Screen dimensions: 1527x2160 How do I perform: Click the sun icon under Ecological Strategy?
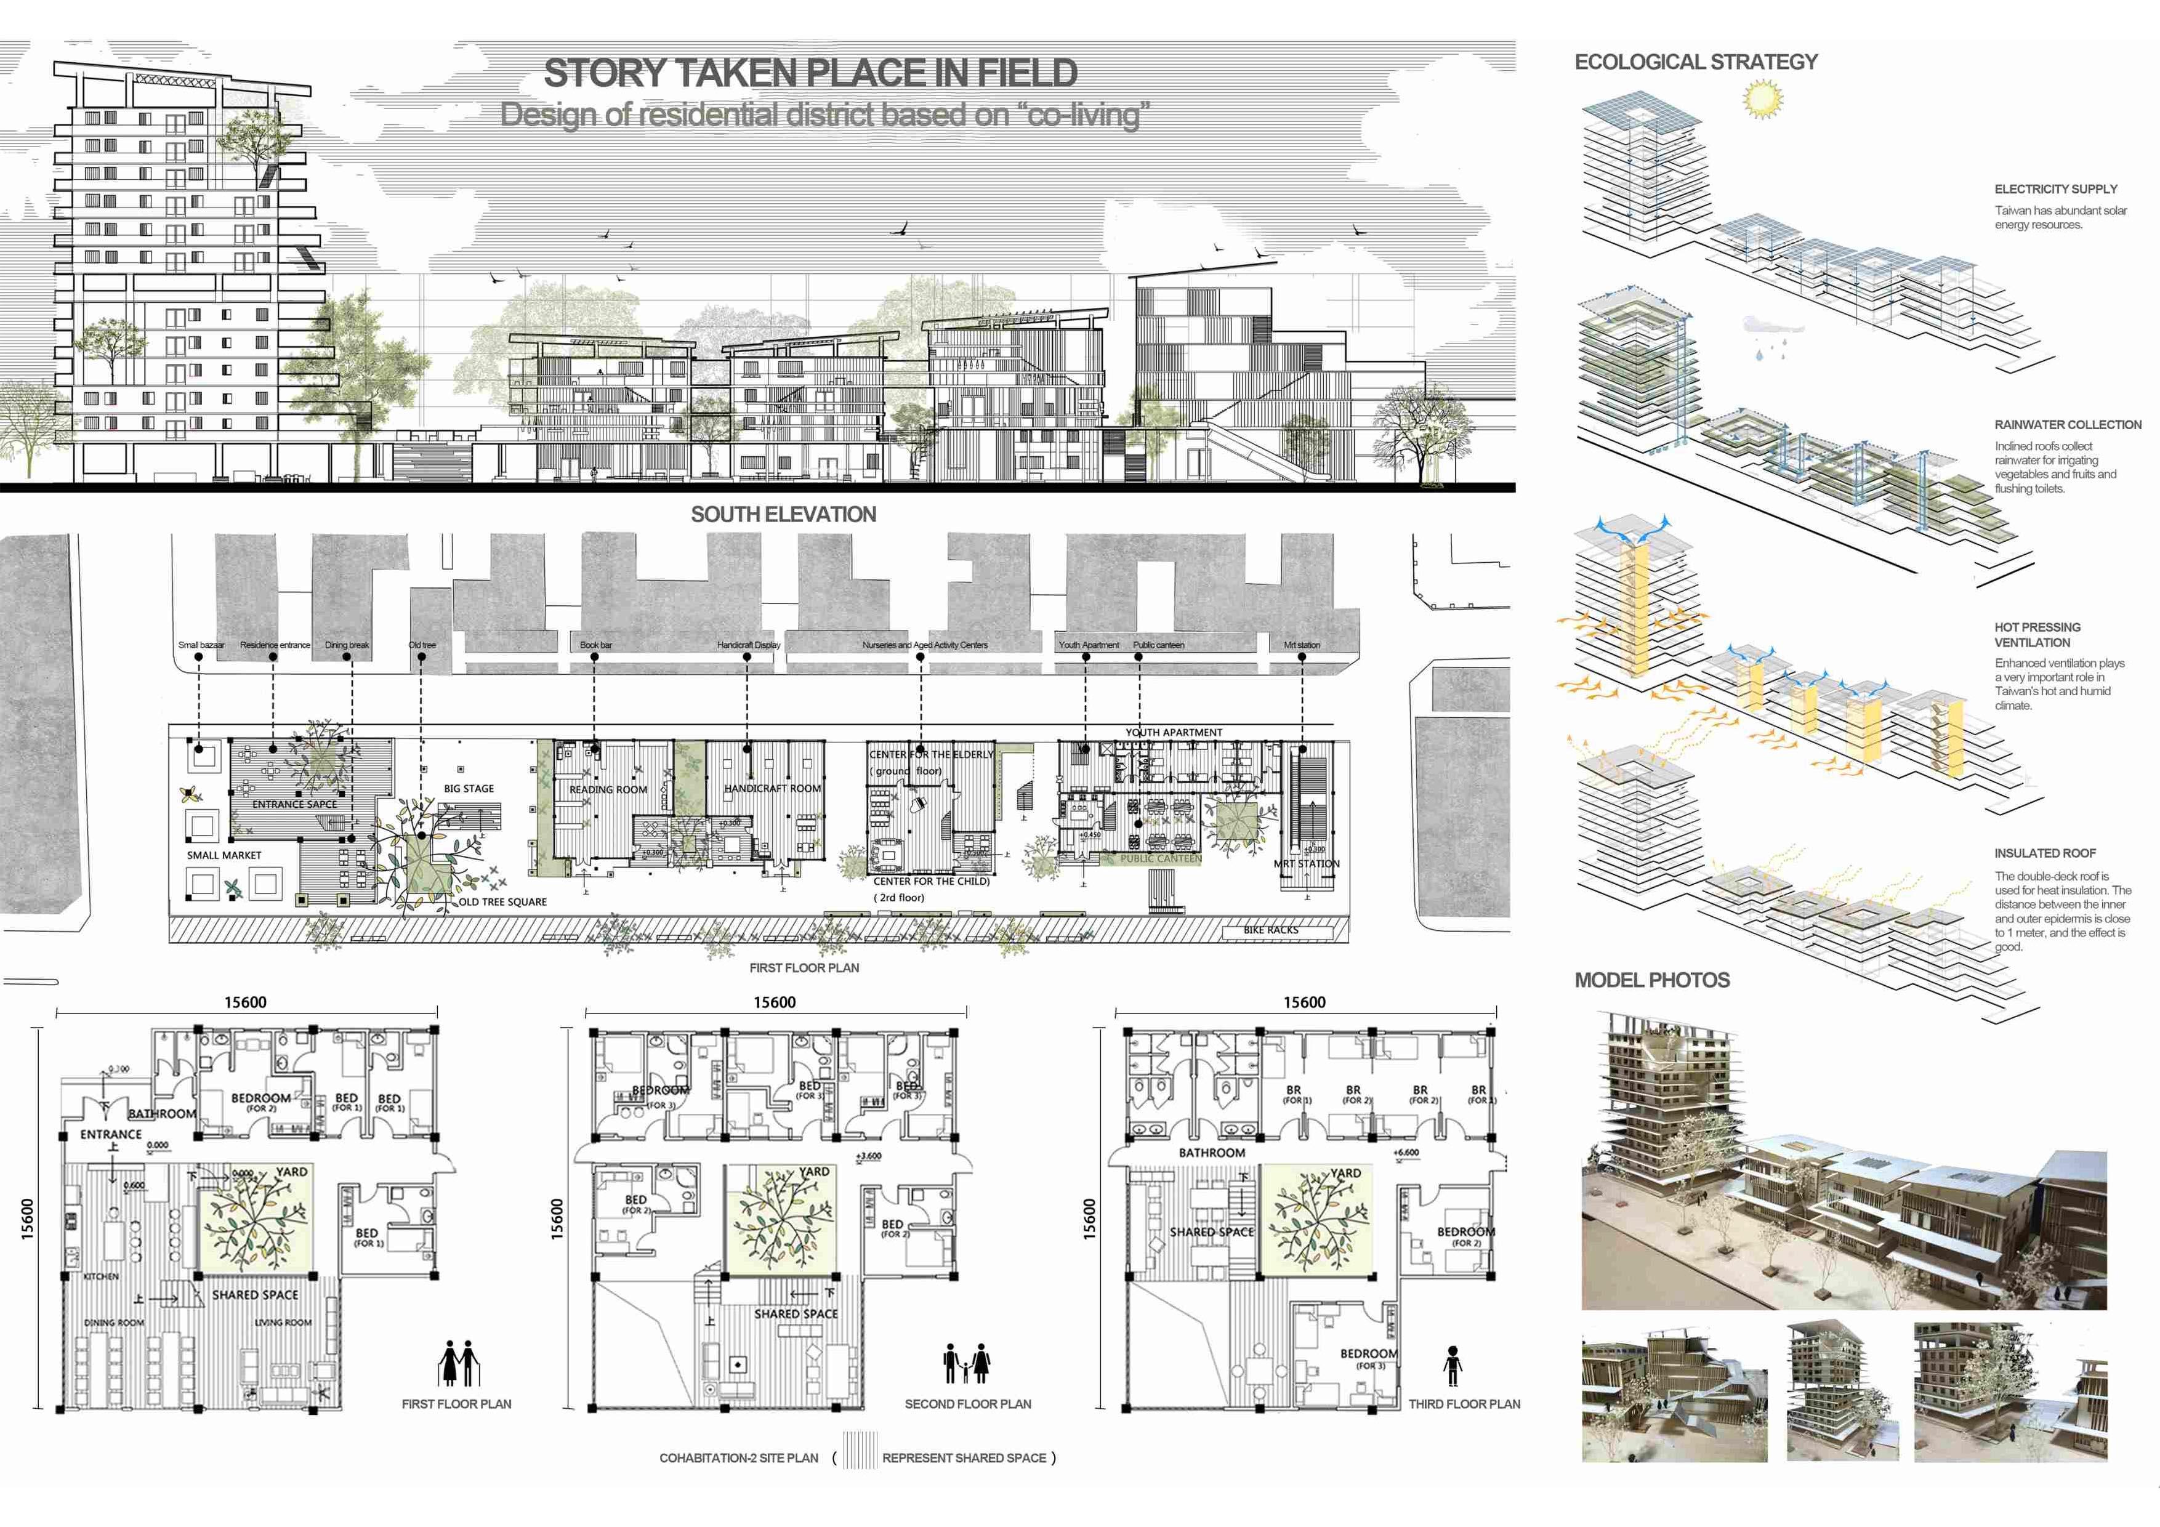pyautogui.click(x=1762, y=99)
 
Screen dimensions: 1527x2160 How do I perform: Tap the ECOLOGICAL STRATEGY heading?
pyautogui.click(x=1695, y=62)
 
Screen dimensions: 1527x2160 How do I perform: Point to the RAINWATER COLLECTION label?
pyautogui.click(x=2067, y=425)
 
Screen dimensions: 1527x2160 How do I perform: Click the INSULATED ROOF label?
pyautogui.click(x=2044, y=853)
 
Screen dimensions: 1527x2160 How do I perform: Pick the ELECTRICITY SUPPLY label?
pyautogui.click(x=2055, y=189)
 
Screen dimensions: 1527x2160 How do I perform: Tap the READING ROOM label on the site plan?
pyautogui.click(x=608, y=789)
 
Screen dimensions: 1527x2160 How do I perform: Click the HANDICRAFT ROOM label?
pyautogui.click(x=772, y=788)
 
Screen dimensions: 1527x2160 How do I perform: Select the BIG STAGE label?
pyautogui.click(x=469, y=788)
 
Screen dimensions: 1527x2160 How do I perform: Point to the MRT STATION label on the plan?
pyautogui.click(x=1306, y=864)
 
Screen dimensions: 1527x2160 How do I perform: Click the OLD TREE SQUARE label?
pyautogui.click(x=502, y=901)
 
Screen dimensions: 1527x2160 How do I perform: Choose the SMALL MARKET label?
pyautogui.click(x=224, y=855)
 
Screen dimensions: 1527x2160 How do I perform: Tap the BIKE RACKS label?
pyautogui.click(x=1270, y=930)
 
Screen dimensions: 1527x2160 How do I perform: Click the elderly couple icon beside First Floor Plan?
pyautogui.click(x=458, y=1363)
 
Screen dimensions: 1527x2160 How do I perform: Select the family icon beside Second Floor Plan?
pyautogui.click(x=966, y=1363)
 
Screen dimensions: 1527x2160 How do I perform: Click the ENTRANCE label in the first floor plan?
pyautogui.click(x=111, y=1135)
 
